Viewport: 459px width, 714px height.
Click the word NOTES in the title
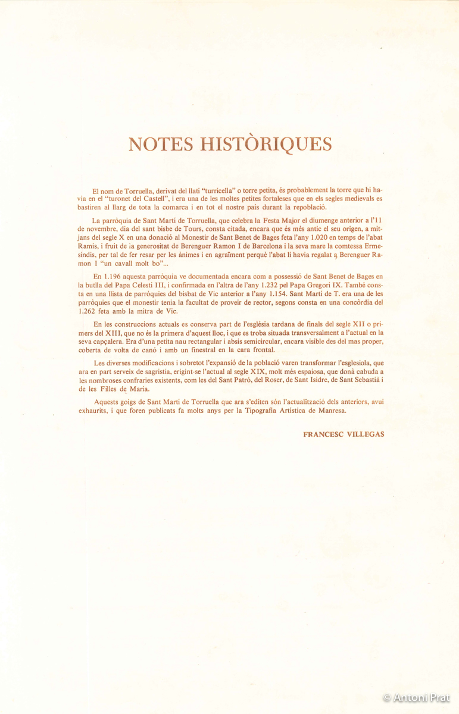[161, 145]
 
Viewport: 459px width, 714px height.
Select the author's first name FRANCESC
[325, 434]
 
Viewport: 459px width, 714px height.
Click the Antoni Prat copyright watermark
[416, 697]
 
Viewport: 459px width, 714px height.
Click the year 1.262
[88, 311]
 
